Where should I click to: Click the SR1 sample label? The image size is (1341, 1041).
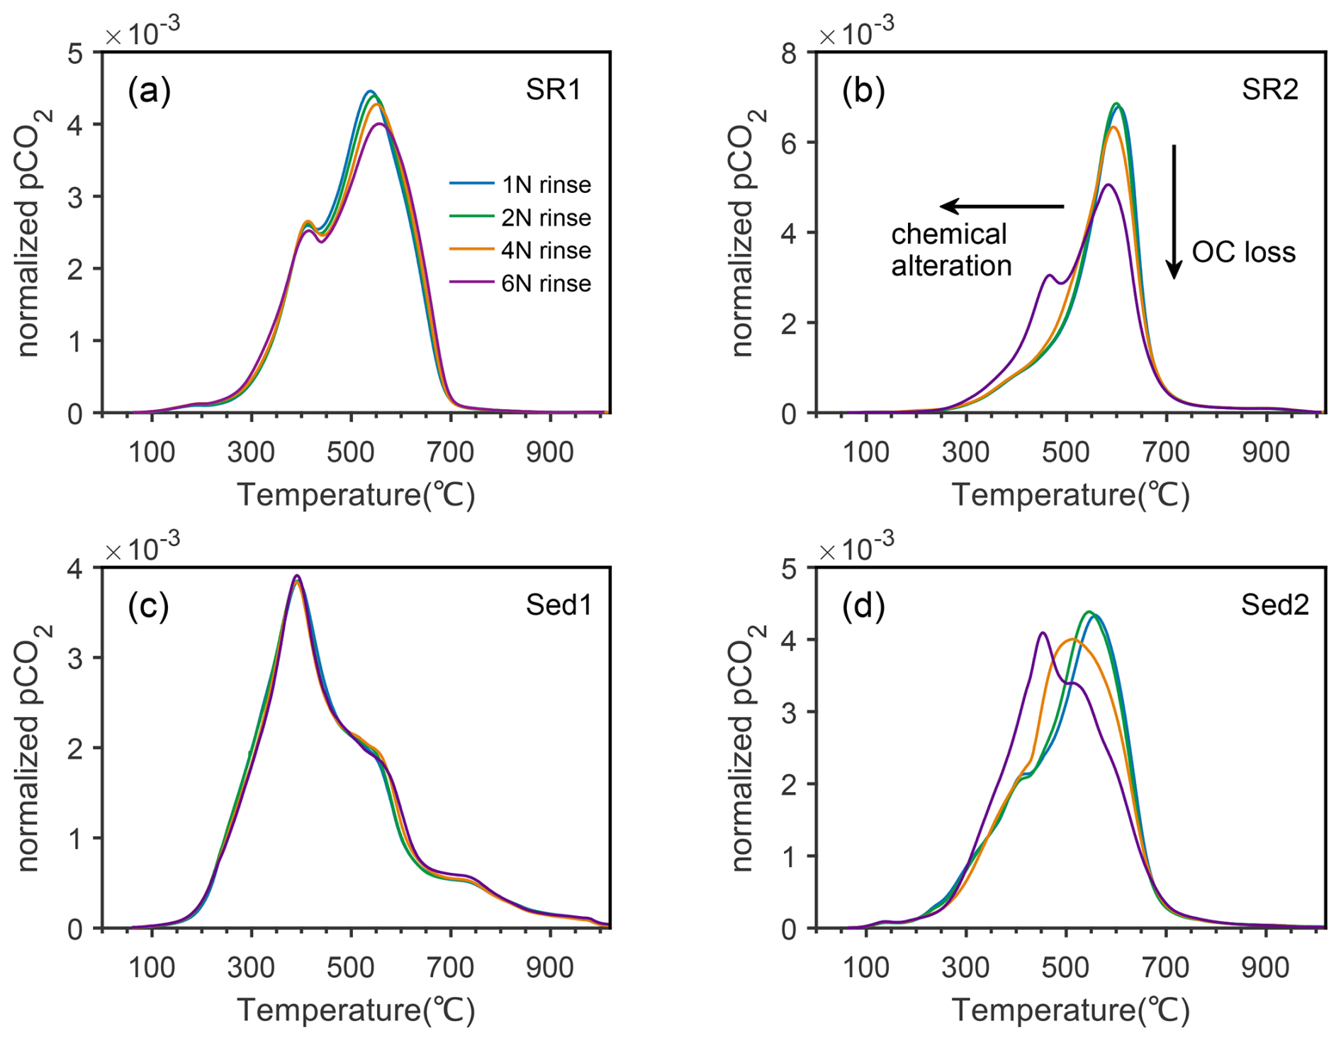553,90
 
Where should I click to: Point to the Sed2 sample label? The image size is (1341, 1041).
1274,605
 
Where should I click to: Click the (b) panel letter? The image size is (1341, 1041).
863,91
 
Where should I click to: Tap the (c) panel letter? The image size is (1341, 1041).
148,606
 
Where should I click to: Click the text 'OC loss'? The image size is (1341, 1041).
1243,252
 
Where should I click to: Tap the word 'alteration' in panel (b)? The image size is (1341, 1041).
951,266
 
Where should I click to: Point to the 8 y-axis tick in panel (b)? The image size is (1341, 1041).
788,53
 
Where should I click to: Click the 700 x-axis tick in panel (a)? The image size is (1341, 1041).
450,452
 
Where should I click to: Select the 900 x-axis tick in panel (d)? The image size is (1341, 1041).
1265,967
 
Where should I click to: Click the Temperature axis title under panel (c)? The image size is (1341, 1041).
355,1009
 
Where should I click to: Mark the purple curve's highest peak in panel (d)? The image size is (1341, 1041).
1042,633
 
